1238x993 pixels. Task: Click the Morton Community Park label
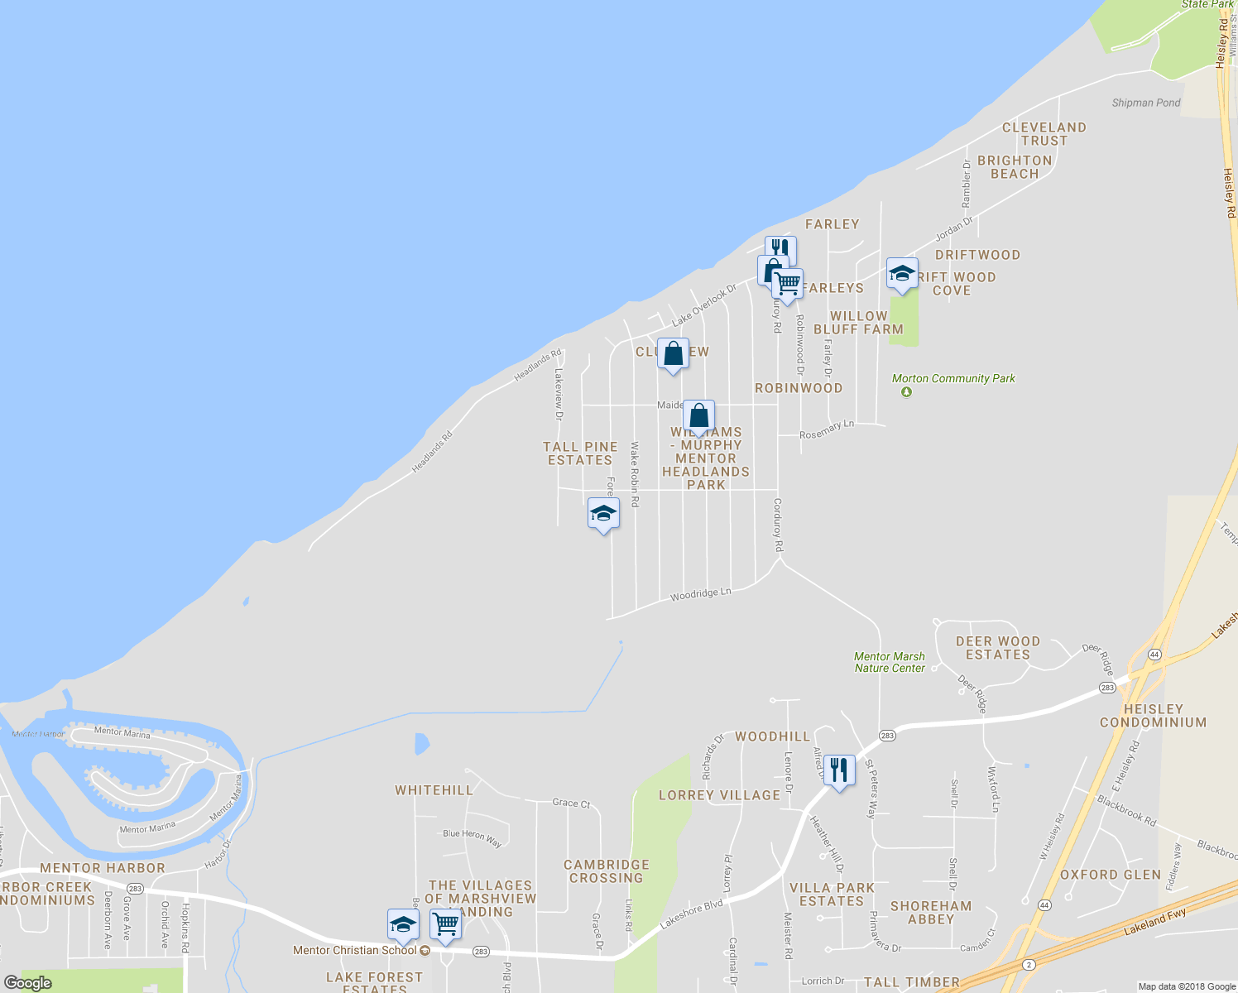point(953,379)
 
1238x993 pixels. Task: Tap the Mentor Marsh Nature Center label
point(890,662)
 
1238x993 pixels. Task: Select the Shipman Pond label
point(1145,103)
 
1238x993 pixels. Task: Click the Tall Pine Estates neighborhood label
point(580,453)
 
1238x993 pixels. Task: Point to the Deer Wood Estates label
point(997,648)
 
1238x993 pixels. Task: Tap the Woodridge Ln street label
point(700,594)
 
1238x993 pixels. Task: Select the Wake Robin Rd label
point(635,474)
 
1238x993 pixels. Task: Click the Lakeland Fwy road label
point(1154,922)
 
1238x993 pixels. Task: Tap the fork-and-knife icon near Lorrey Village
point(839,770)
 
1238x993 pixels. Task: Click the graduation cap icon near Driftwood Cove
point(901,274)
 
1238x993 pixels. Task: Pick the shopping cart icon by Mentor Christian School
point(445,924)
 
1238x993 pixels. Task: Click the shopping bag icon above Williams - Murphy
point(699,415)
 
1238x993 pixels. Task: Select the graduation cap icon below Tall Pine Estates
point(603,514)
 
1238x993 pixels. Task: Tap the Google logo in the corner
point(27,983)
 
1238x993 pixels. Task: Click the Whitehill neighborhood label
point(434,790)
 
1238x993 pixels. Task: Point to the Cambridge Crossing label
point(607,871)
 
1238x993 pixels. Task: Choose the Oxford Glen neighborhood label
point(1111,875)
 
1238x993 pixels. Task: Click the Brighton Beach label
point(1015,167)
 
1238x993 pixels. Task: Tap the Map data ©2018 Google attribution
point(1187,986)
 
